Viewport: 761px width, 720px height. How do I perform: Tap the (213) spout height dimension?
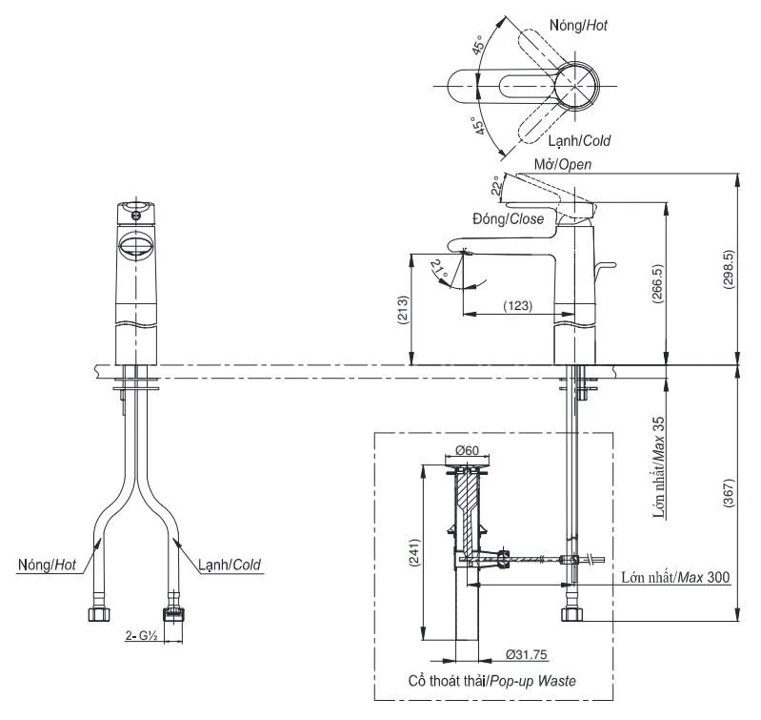point(403,310)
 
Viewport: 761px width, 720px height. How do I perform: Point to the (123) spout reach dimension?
point(517,306)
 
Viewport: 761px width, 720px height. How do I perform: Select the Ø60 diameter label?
point(466,450)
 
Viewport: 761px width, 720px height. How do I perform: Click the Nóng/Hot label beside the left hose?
point(47,566)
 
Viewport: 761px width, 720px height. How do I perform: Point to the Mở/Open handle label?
point(563,164)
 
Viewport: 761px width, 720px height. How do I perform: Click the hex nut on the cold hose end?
point(174,611)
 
